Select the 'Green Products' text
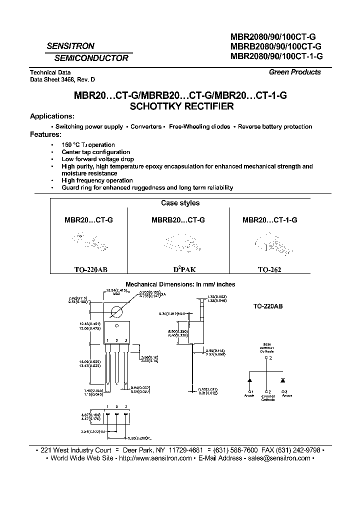[294, 72]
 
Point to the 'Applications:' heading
[52, 116]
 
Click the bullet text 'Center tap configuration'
[96, 152]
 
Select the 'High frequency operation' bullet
[97, 180]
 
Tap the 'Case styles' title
[180, 203]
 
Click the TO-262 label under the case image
[269, 269]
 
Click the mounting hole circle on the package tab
[117, 312]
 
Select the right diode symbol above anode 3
[283, 381]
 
